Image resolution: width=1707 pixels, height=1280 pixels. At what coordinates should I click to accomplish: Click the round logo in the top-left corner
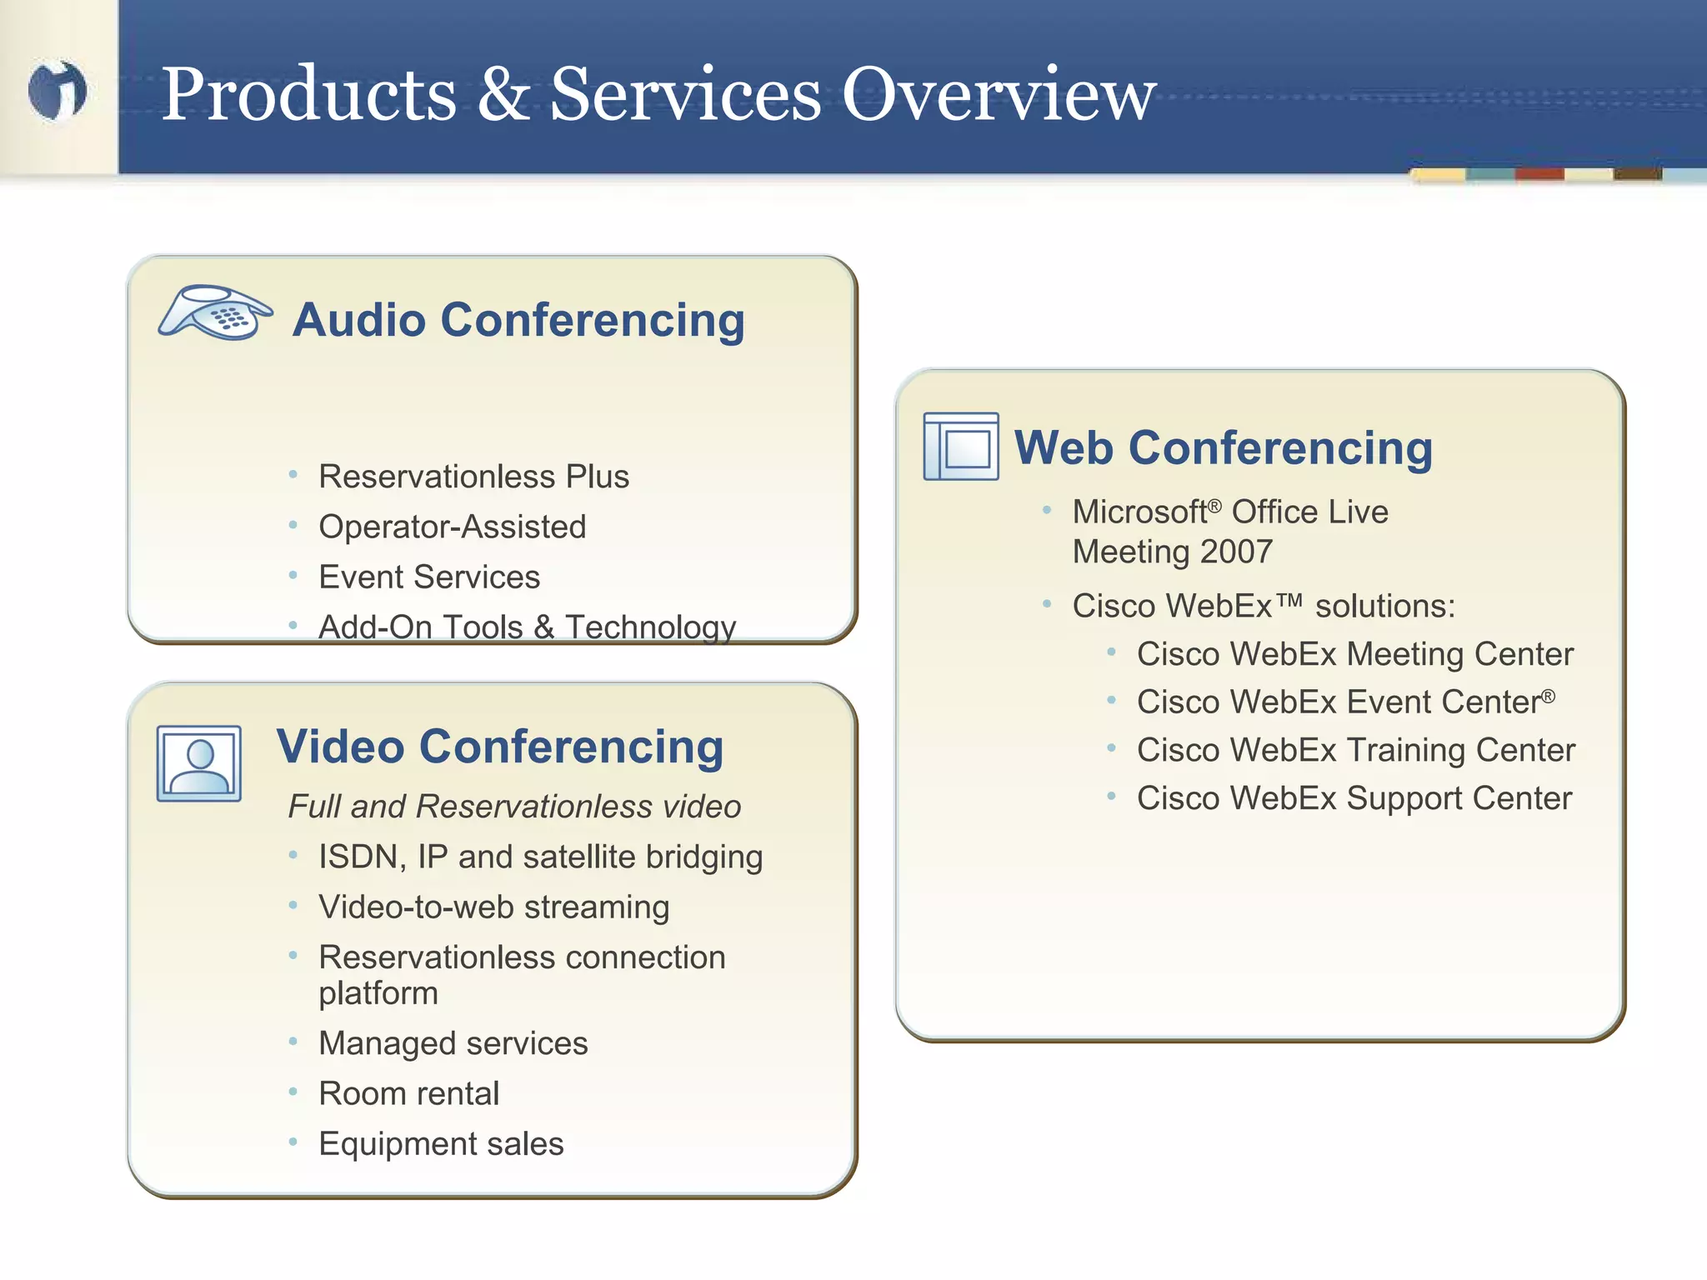[57, 90]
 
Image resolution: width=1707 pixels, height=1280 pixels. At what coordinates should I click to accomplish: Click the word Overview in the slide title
[999, 94]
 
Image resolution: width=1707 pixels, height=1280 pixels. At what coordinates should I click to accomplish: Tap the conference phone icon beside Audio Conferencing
[215, 312]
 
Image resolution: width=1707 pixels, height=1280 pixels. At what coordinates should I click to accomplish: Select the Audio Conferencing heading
[518, 320]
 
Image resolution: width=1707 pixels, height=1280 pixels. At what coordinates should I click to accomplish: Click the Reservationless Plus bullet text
[473, 477]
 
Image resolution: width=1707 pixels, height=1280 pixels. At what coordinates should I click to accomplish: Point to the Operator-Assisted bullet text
[452, 527]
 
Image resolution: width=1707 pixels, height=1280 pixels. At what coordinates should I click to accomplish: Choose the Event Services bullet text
[429, 577]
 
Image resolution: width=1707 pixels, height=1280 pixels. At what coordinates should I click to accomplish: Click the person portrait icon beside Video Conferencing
[199, 763]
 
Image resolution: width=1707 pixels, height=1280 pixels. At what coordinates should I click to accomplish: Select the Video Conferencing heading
[500, 747]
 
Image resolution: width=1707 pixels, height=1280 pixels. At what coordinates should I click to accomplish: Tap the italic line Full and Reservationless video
[514, 807]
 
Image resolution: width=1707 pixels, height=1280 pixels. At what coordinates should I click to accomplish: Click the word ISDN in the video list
[357, 857]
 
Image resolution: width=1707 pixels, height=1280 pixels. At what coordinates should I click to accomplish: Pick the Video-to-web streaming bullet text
[493, 907]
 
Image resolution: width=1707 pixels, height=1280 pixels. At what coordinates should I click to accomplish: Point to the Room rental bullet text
[408, 1093]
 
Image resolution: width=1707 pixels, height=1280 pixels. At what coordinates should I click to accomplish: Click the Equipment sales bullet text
[441, 1144]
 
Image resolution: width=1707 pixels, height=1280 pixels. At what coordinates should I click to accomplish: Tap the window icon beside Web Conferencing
[961, 447]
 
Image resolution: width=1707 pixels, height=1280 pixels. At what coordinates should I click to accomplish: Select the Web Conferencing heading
[1223, 448]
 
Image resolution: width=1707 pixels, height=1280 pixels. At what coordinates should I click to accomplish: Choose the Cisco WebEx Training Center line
[1355, 750]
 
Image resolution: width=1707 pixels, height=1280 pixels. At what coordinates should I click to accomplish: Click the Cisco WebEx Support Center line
[1354, 798]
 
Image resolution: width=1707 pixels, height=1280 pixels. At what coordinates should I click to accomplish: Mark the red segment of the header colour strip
[1539, 174]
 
